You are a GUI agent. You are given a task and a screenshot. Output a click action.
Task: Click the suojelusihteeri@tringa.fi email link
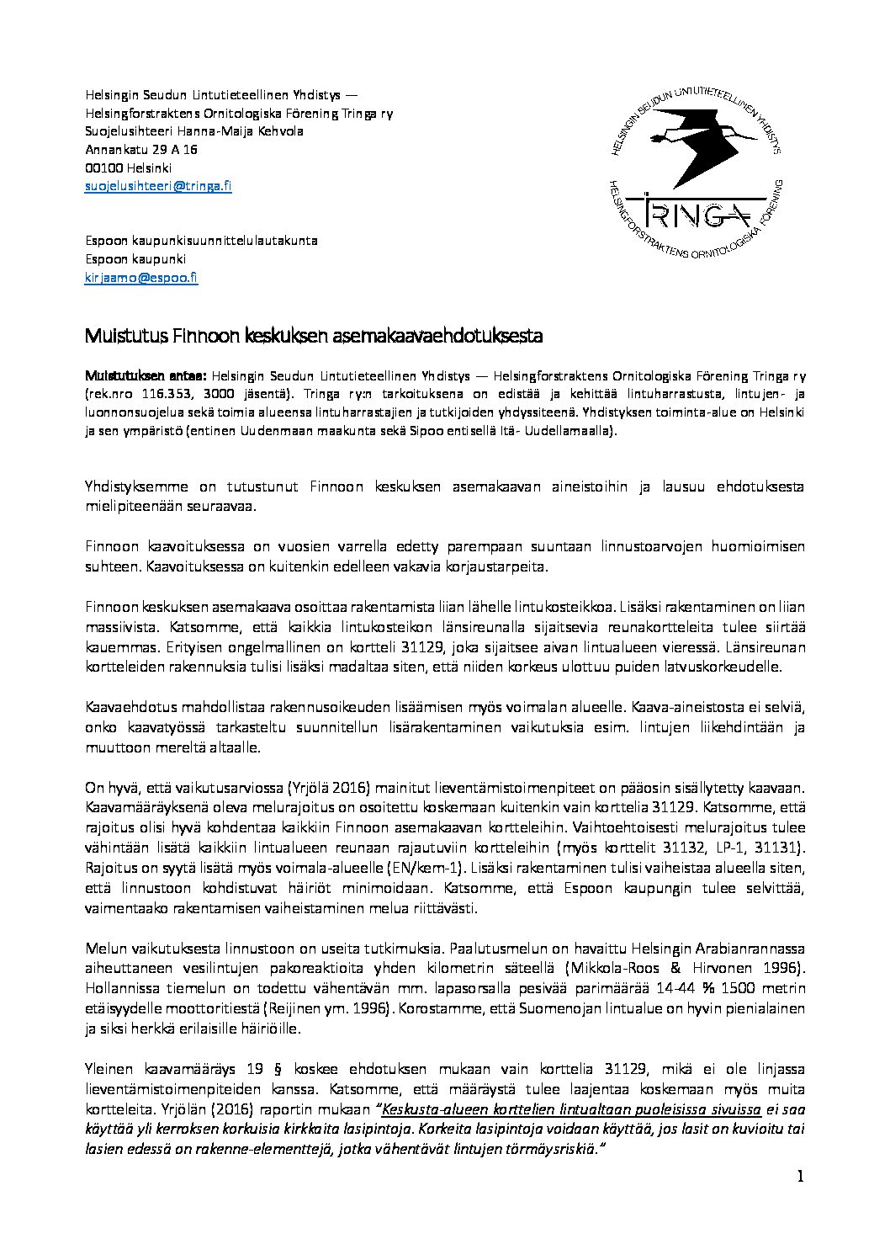tap(158, 186)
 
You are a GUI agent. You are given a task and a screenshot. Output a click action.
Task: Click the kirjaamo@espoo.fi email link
tap(141, 277)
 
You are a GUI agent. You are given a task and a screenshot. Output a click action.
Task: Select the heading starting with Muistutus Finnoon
tap(313, 336)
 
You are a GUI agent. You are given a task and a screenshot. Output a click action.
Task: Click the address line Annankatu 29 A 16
tap(141, 150)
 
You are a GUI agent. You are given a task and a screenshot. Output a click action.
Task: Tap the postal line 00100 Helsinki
tap(128, 167)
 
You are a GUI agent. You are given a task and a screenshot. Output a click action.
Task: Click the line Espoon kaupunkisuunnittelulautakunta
tap(201, 241)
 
